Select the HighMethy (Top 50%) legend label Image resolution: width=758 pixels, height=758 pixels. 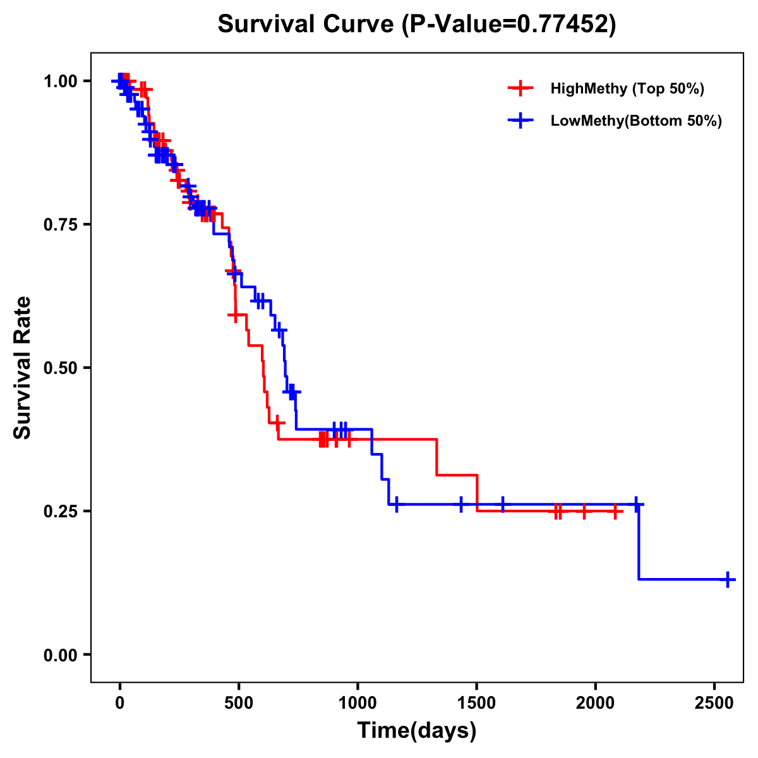[627, 88]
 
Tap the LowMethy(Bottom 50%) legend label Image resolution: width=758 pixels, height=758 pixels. [636, 121]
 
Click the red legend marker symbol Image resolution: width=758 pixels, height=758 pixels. [520, 88]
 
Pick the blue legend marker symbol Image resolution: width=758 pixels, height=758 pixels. [520, 121]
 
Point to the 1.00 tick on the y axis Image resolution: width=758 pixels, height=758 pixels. [61, 81]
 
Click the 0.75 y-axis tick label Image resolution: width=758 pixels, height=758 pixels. [61, 224]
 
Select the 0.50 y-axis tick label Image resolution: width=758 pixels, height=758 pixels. [61, 368]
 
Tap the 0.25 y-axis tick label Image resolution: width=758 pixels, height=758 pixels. [61, 511]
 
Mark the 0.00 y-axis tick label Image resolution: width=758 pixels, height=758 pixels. [61, 654]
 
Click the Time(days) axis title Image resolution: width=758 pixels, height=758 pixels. [417, 731]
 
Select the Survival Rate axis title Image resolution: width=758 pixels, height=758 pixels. [23, 368]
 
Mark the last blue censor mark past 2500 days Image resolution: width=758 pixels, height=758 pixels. [728, 579]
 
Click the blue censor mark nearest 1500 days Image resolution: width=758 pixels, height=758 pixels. [461, 504]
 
